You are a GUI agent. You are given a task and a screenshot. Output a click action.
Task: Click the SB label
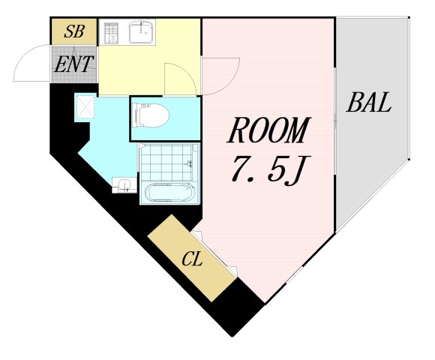click(73, 31)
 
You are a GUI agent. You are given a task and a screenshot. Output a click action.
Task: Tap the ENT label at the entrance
click(73, 64)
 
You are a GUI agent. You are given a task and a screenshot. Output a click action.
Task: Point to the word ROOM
click(268, 132)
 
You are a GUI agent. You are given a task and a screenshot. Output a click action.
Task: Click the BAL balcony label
click(368, 103)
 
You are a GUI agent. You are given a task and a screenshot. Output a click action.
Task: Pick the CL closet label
click(193, 259)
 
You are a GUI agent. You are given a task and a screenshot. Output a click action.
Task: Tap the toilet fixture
click(149, 116)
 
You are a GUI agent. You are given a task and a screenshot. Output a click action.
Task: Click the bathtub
click(168, 192)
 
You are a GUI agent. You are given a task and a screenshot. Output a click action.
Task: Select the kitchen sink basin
click(140, 33)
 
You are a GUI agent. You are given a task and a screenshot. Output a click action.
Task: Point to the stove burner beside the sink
click(112, 34)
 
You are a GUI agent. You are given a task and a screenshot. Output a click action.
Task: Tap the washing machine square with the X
click(85, 108)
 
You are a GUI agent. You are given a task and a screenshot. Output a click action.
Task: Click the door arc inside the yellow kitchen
click(177, 78)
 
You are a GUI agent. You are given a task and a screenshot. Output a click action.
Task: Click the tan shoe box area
click(73, 31)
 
